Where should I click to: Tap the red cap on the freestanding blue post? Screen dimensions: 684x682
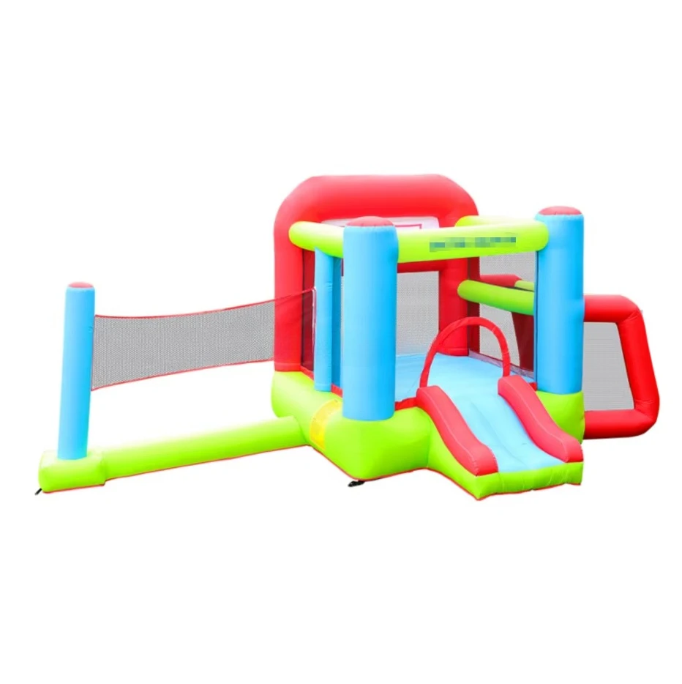point(80,286)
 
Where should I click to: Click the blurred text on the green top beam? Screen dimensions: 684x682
point(473,240)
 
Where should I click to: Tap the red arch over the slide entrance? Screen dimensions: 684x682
point(461,326)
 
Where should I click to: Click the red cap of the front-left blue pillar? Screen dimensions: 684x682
point(370,222)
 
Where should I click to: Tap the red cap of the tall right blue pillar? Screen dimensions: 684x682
point(560,212)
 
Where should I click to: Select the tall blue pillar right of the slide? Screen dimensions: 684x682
point(559,308)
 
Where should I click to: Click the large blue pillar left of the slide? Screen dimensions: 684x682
point(369,322)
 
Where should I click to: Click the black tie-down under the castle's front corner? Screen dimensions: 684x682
point(355,485)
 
